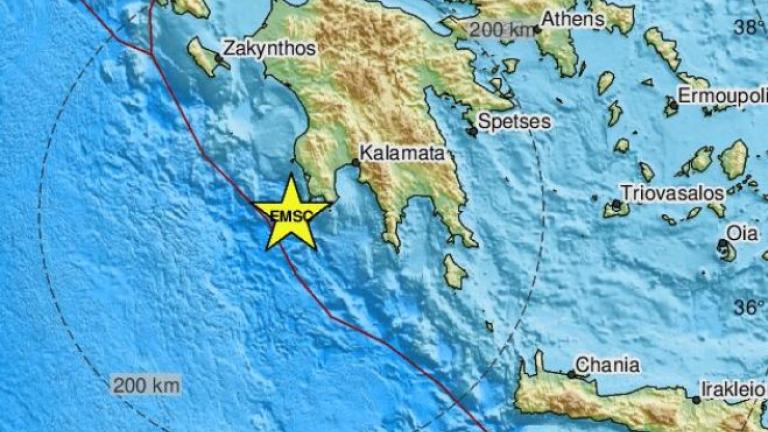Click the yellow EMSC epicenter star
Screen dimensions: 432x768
pyautogui.click(x=290, y=213)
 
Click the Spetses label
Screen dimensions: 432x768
pyautogui.click(x=514, y=121)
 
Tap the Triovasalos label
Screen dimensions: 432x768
pyautogui.click(x=669, y=191)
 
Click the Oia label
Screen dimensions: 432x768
pyautogui.click(x=741, y=232)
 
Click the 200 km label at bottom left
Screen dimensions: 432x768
pyautogui.click(x=146, y=385)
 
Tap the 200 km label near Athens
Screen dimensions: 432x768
pyautogui.click(x=502, y=30)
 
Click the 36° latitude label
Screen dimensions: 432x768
pyautogui.click(x=748, y=307)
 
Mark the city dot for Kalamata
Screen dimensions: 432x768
pyautogui.click(x=356, y=162)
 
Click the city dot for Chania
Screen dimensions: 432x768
pyautogui.click(x=572, y=375)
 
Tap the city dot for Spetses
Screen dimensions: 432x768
pyautogui.click(x=472, y=129)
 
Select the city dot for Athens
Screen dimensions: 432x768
pyautogui.click(x=537, y=29)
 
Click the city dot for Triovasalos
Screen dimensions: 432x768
pyautogui.click(x=616, y=207)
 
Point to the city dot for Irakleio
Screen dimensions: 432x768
pyautogui.click(x=696, y=398)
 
